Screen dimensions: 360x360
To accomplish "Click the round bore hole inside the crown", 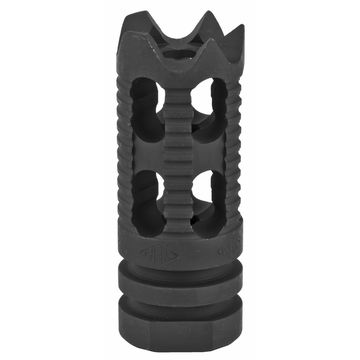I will pyautogui.click(x=180, y=54).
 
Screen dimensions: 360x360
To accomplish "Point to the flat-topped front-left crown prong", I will pyautogui.click(x=135, y=35).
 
